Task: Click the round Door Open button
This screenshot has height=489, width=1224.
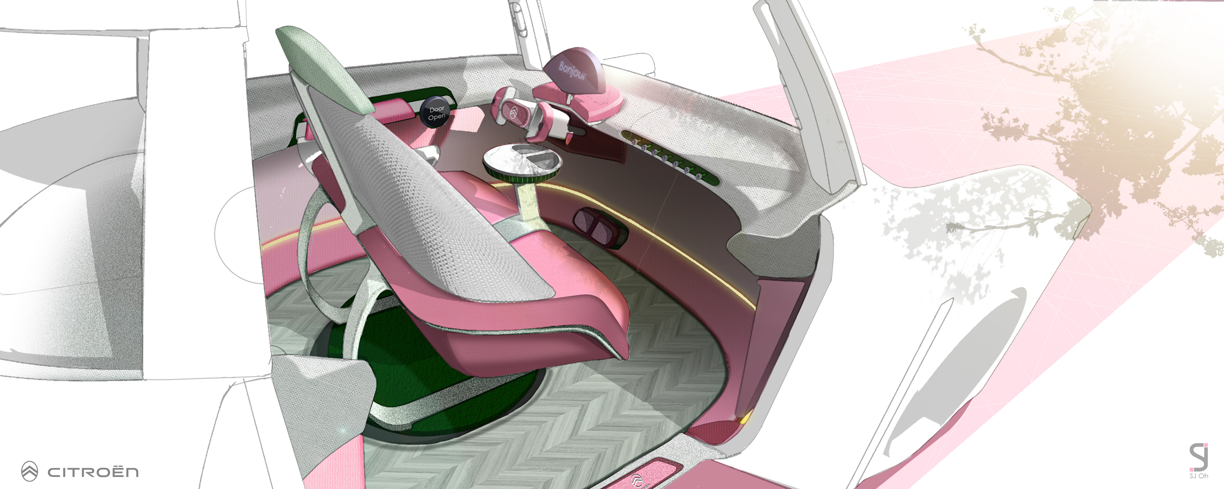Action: coord(436,112)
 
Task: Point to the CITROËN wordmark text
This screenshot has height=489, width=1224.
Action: coord(93,472)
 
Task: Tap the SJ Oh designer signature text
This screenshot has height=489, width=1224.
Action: coord(1198,476)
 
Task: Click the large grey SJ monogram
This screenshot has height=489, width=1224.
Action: coord(1198,457)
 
